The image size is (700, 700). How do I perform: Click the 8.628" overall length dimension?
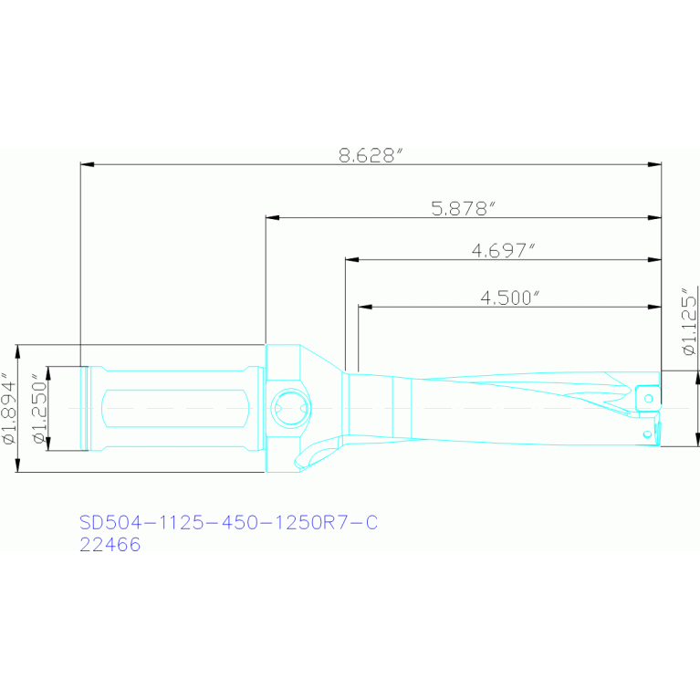point(371,155)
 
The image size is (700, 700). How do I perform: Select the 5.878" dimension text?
point(464,208)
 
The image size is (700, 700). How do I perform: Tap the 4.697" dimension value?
point(503,250)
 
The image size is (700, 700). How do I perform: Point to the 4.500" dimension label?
point(510,298)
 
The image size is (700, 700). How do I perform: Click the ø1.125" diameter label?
point(689,320)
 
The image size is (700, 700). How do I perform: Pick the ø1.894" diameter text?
point(9,408)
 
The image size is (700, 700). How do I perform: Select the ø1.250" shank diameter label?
point(39,409)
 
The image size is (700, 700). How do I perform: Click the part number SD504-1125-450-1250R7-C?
point(228,522)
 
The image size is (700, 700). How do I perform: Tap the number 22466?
point(110,545)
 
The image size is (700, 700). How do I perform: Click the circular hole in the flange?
point(290,408)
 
